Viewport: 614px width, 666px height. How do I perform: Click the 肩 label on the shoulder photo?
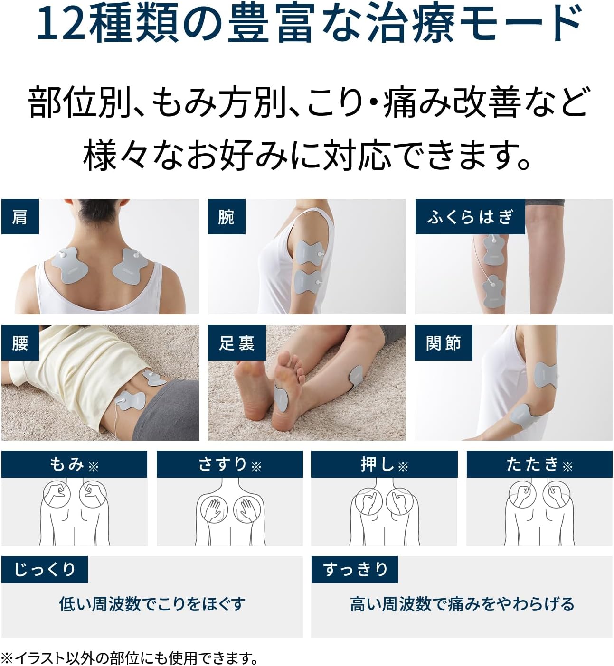(20, 216)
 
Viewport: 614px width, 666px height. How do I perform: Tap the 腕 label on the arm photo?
(227, 216)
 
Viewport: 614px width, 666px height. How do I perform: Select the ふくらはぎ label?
(470, 216)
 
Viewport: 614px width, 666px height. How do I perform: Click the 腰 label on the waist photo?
(20, 342)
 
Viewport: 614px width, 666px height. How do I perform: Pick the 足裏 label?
(236, 342)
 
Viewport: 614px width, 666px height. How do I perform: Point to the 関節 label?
(444, 342)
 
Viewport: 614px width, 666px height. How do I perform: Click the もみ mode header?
(74, 464)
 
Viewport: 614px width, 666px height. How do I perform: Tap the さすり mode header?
(230, 464)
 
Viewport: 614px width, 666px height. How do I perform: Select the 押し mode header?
(384, 464)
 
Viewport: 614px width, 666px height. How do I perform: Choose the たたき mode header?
(539, 464)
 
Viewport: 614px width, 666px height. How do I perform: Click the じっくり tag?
(45, 569)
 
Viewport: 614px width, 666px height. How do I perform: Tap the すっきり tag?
(355, 569)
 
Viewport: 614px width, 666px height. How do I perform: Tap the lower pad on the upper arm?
(308, 282)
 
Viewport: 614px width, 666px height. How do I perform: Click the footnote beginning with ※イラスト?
(130, 657)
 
